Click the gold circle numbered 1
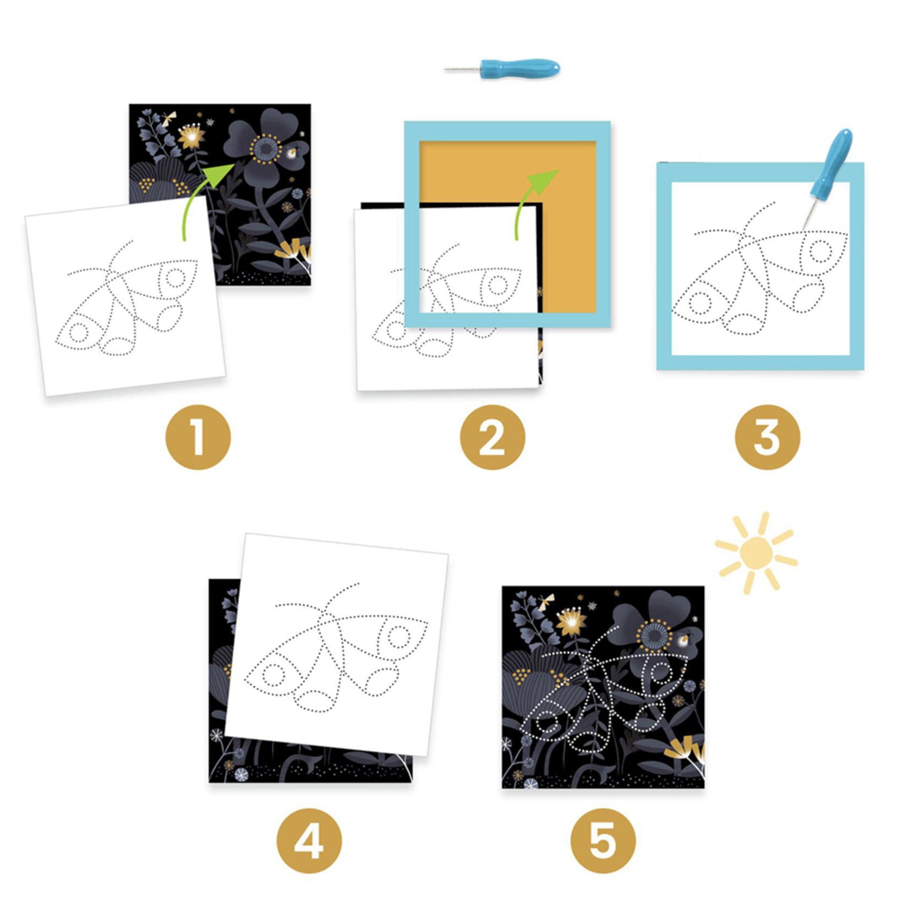point(198,437)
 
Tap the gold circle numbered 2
point(492,437)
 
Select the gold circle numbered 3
point(767,437)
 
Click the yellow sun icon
point(756,553)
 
